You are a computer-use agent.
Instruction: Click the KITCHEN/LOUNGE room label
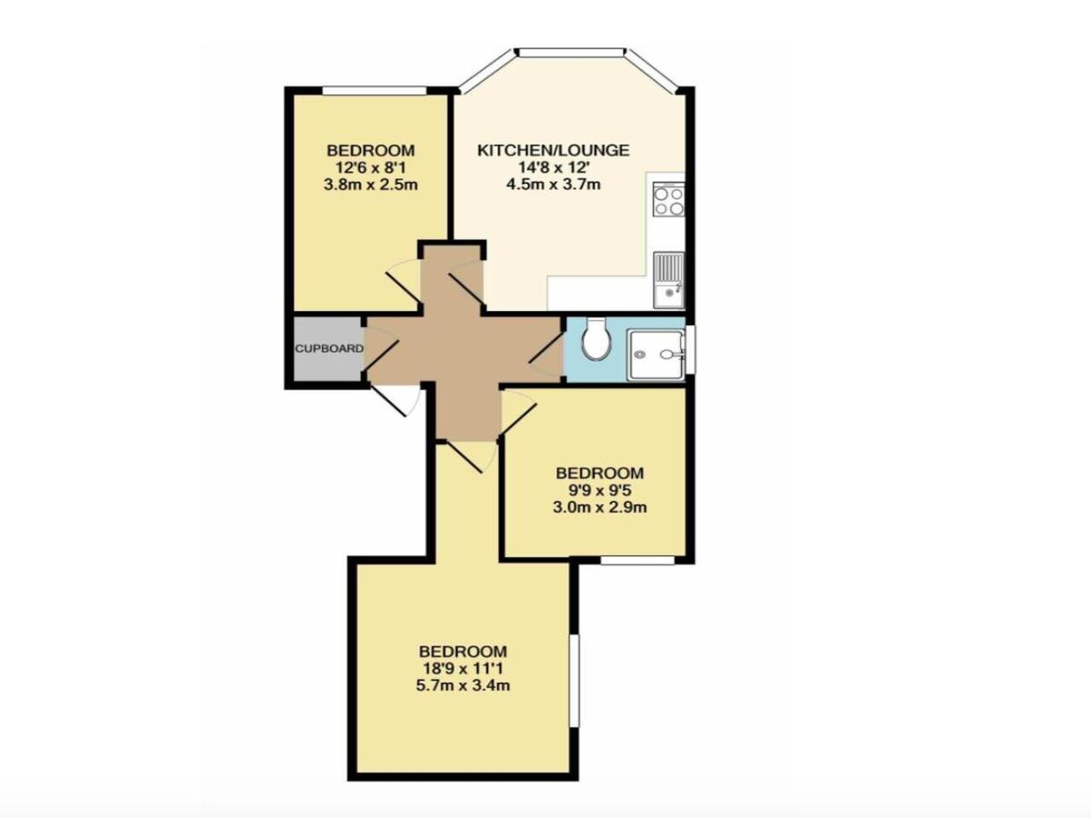pos(553,151)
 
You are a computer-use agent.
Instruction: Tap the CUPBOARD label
pos(329,349)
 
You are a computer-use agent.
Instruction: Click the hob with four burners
pos(669,199)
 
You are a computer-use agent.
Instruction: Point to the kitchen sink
pos(669,280)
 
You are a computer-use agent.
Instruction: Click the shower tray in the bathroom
pos(656,354)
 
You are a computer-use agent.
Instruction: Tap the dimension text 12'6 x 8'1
pos(370,168)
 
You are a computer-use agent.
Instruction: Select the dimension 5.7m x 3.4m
pos(463,686)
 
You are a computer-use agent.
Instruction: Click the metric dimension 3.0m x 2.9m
pos(600,507)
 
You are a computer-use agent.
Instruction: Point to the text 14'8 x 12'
pos(553,168)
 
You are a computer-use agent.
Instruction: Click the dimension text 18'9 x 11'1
pos(463,669)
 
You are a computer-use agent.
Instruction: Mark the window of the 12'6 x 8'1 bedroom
pos(375,91)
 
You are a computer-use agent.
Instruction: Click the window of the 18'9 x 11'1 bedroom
pos(574,681)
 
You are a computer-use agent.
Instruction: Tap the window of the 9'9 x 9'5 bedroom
pos(637,560)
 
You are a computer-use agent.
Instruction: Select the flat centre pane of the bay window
pos(570,52)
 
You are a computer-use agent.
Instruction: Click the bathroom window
pos(690,349)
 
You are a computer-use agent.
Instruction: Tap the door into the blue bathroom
pos(545,348)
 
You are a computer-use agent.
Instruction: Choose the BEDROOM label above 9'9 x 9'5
pos(600,473)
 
